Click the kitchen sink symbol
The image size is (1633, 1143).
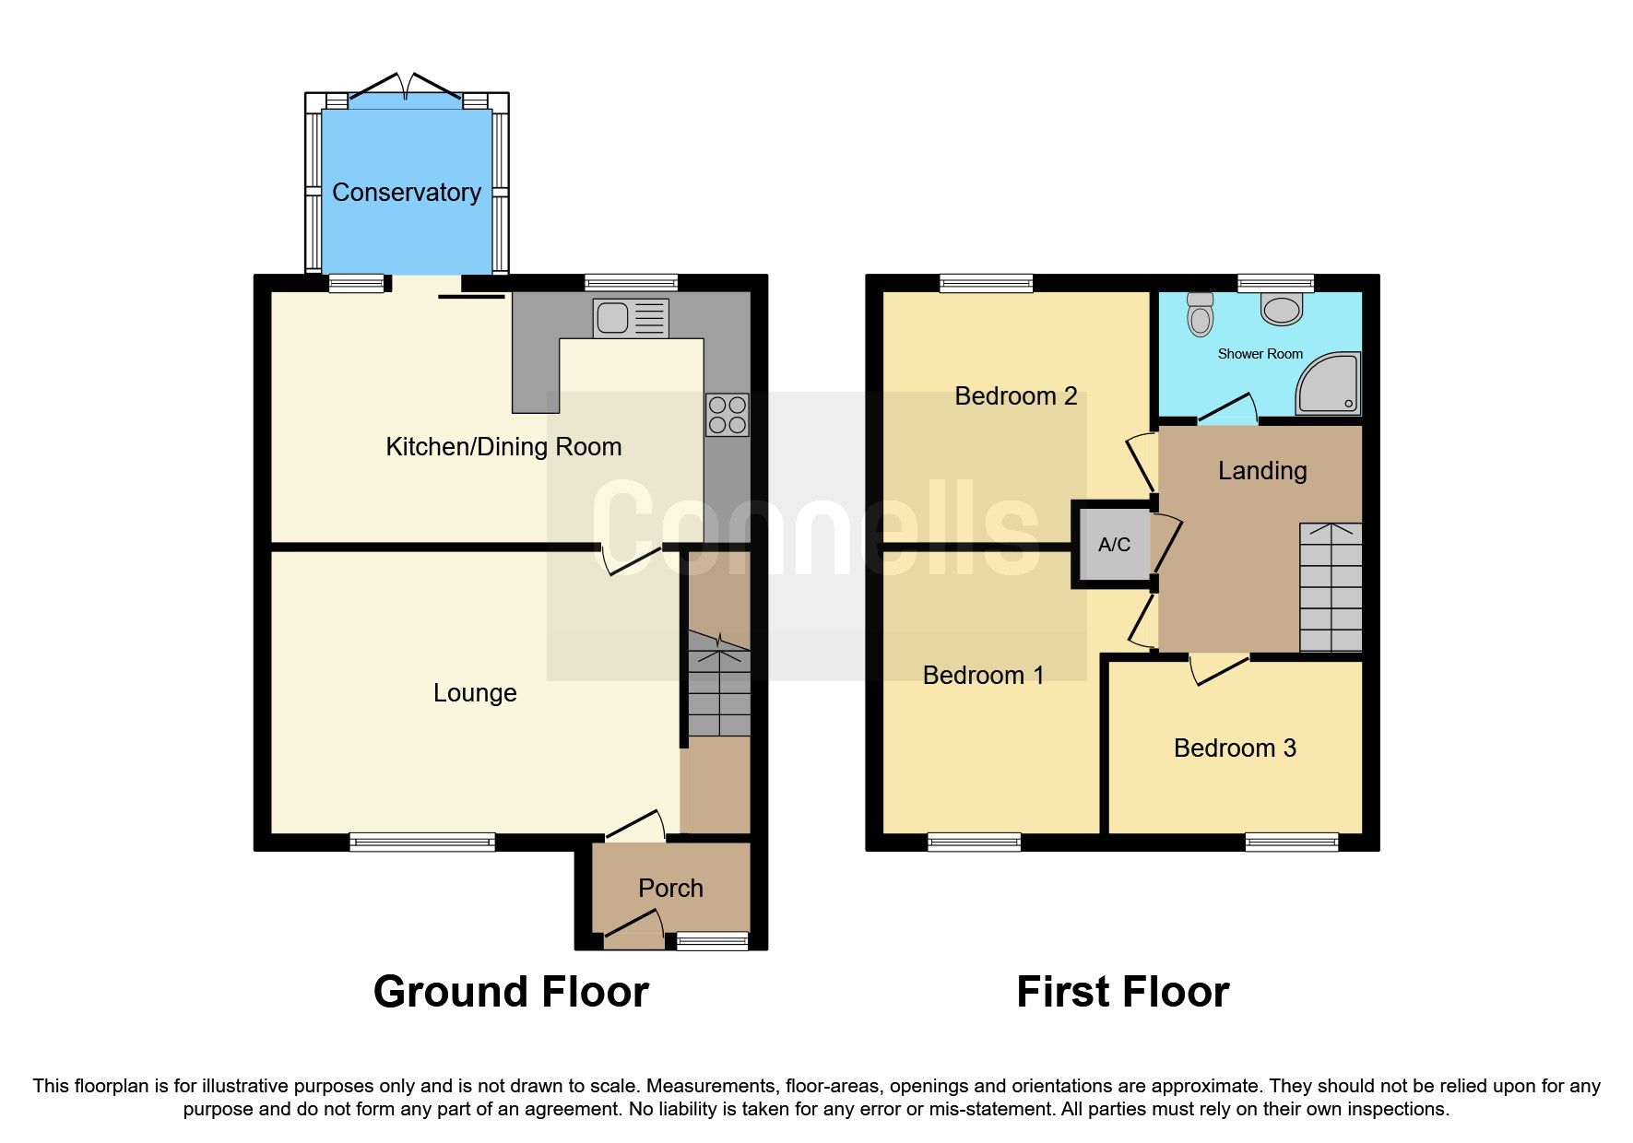click(630, 319)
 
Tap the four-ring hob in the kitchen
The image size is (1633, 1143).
click(727, 415)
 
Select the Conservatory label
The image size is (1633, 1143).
click(406, 192)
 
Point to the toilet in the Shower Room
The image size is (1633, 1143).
click(1200, 314)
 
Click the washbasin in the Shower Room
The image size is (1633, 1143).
click(1282, 309)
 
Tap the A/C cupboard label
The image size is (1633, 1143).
click(1114, 545)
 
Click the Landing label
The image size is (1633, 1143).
click(1262, 471)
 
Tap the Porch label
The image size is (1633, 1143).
click(670, 889)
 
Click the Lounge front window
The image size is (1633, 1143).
click(422, 842)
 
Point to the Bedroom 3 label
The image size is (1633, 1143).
click(1235, 748)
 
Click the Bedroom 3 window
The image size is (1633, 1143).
click(1291, 842)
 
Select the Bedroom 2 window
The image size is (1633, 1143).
click(986, 283)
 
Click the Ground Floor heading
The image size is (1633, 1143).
click(511, 993)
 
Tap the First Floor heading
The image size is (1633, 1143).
click(1122, 993)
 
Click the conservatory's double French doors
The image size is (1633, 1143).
click(406, 89)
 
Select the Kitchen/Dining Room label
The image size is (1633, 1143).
click(503, 447)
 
